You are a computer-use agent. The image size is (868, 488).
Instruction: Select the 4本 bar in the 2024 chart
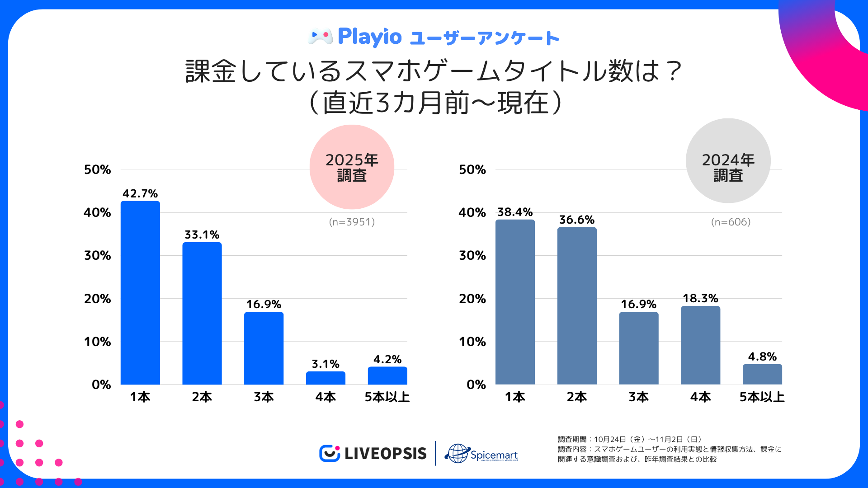[700, 345]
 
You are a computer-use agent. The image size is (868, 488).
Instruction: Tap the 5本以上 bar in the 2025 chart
[387, 375]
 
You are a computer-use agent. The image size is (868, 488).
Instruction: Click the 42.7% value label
[140, 193]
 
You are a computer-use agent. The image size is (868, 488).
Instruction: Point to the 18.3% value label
[700, 298]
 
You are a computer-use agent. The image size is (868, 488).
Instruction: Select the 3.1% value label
[325, 364]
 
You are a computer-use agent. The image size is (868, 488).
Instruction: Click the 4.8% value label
[762, 357]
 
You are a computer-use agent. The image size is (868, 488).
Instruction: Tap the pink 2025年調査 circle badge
[352, 167]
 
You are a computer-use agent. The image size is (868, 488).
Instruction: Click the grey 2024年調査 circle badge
[728, 161]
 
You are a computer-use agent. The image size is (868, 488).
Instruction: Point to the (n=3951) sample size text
[352, 222]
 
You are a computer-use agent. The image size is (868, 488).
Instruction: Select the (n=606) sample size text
[731, 222]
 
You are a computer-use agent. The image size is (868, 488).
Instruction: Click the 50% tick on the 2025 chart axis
[97, 169]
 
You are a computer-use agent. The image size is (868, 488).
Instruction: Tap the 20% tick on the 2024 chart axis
[472, 299]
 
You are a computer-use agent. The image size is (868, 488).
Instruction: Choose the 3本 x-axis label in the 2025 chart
[264, 397]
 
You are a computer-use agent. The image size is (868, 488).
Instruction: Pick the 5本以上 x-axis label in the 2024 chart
[762, 397]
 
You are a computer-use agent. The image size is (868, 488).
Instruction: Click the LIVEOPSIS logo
[373, 453]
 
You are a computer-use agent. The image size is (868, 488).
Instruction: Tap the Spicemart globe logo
[481, 453]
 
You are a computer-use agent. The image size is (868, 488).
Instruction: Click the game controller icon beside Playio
[320, 36]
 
